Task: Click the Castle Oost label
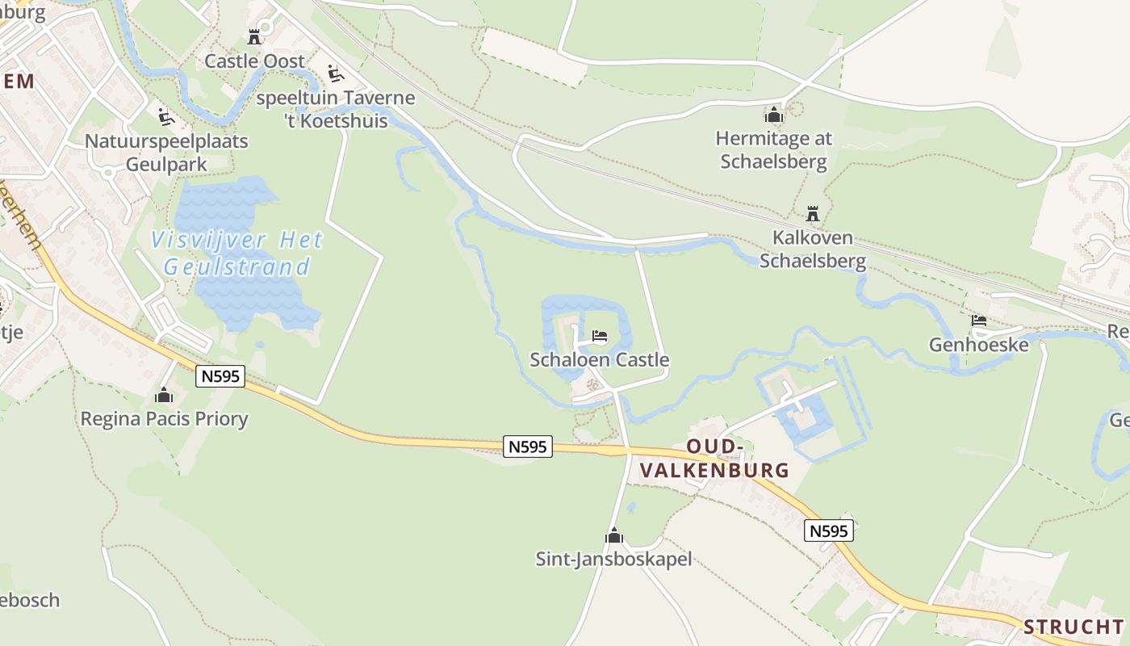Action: click(254, 61)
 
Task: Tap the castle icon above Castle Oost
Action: click(254, 36)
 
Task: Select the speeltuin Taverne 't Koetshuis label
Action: click(336, 110)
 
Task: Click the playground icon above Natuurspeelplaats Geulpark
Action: click(165, 118)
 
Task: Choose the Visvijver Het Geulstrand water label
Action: click(237, 254)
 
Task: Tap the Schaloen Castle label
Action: click(600, 360)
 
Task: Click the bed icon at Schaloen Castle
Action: click(599, 336)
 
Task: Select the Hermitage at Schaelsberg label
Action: click(774, 150)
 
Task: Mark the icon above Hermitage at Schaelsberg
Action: click(774, 115)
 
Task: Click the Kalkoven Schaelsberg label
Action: click(813, 250)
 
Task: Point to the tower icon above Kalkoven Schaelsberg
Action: click(813, 214)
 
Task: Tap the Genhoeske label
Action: click(979, 345)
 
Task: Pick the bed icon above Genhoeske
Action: click(979, 321)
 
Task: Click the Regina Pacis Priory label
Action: click(164, 419)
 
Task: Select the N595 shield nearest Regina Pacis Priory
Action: click(220, 376)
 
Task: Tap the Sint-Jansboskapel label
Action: click(614, 559)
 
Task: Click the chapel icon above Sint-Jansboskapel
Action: click(614, 535)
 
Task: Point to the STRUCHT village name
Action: click(1073, 627)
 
